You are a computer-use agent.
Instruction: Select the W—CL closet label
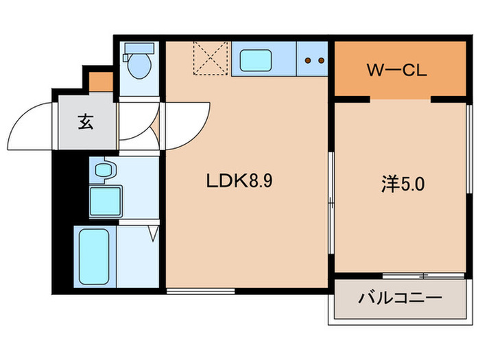(x=399, y=70)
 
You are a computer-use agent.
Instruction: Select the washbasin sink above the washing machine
(x=104, y=169)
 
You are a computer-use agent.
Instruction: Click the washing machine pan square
(x=104, y=200)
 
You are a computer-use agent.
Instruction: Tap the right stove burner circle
(x=320, y=60)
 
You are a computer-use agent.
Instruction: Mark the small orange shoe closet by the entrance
(x=101, y=82)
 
